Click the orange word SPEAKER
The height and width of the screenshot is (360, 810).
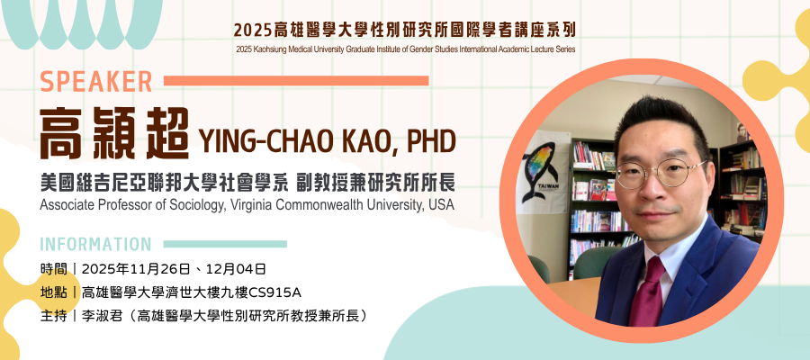coord(96,82)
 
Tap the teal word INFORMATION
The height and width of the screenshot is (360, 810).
coord(95,244)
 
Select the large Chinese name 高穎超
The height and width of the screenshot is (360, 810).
coord(114,134)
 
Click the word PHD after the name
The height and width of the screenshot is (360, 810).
coord(430,141)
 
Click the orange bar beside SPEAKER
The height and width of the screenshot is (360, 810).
coord(296,81)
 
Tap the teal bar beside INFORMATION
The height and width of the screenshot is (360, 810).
coord(225,244)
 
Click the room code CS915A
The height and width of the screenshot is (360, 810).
coord(274,292)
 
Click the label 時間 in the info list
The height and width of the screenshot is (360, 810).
coord(53,269)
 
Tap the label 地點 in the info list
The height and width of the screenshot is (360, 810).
coord(53,292)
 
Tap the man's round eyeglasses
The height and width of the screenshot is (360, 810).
coord(661,173)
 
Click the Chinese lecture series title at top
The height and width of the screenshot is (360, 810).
coord(404,30)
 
